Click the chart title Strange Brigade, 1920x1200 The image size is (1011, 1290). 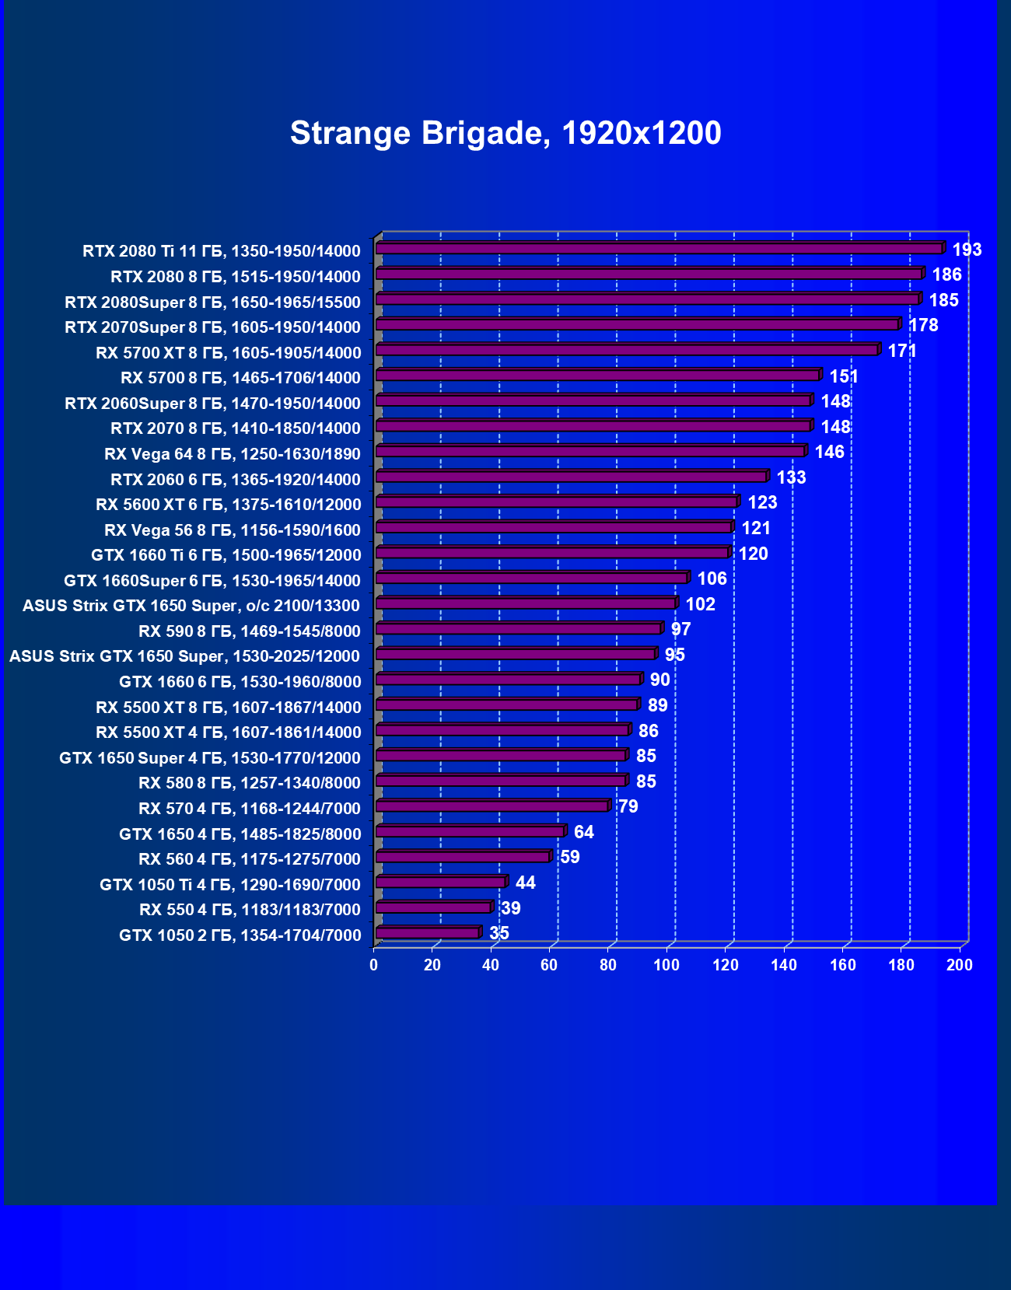[505, 133]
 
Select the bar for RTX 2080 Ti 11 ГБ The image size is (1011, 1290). [659, 249]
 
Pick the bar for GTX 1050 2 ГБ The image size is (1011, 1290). [428, 933]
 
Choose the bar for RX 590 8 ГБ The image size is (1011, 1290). [519, 629]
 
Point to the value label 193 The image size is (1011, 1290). [967, 250]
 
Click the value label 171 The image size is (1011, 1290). [902, 351]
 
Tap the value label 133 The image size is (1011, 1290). [791, 477]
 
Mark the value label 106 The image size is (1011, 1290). [712, 579]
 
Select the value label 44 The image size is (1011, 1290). [525, 883]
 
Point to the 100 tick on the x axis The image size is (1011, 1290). [666, 965]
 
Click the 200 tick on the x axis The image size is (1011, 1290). [960, 965]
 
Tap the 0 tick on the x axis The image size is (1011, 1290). [374, 965]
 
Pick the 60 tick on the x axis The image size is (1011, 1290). [549, 965]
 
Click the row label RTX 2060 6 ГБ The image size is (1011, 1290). [236, 479]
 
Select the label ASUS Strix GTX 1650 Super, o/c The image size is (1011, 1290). [191, 606]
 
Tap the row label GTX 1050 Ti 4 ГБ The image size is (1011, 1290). [230, 884]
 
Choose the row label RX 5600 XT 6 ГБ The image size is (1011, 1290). [229, 505]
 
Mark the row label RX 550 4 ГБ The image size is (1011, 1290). [250, 910]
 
